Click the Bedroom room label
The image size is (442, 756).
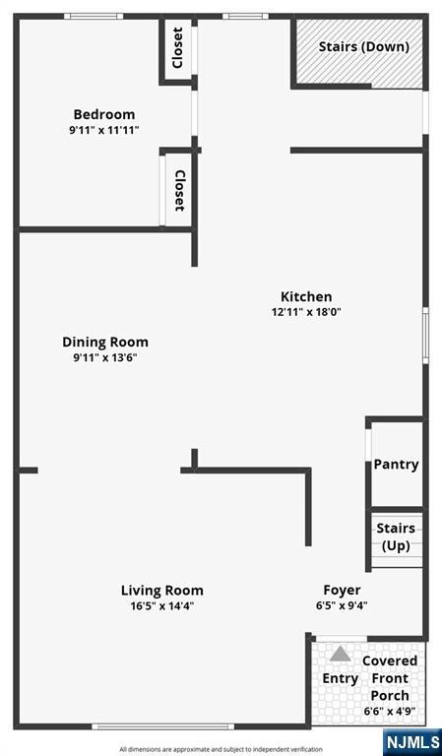click(104, 115)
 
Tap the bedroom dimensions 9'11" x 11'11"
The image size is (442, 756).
click(104, 130)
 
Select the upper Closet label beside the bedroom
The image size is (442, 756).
click(177, 47)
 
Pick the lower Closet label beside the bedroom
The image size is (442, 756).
click(179, 190)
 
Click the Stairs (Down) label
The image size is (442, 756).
click(364, 47)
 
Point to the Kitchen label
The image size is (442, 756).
click(306, 296)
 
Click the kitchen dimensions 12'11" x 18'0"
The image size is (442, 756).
click(306, 312)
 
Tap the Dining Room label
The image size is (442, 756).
click(105, 343)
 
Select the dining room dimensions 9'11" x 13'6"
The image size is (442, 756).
click(105, 357)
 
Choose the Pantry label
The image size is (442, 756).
click(396, 465)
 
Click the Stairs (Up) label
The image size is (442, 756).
click(396, 537)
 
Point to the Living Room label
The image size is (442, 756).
click(162, 591)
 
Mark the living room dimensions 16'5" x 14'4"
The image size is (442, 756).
click(162, 606)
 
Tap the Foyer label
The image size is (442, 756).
click(342, 591)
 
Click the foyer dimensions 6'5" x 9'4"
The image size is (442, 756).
click(342, 605)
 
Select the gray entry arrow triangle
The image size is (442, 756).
click(341, 654)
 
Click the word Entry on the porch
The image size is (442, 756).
click(341, 679)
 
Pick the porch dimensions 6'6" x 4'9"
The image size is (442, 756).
click(390, 711)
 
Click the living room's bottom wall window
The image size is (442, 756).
click(162, 726)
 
